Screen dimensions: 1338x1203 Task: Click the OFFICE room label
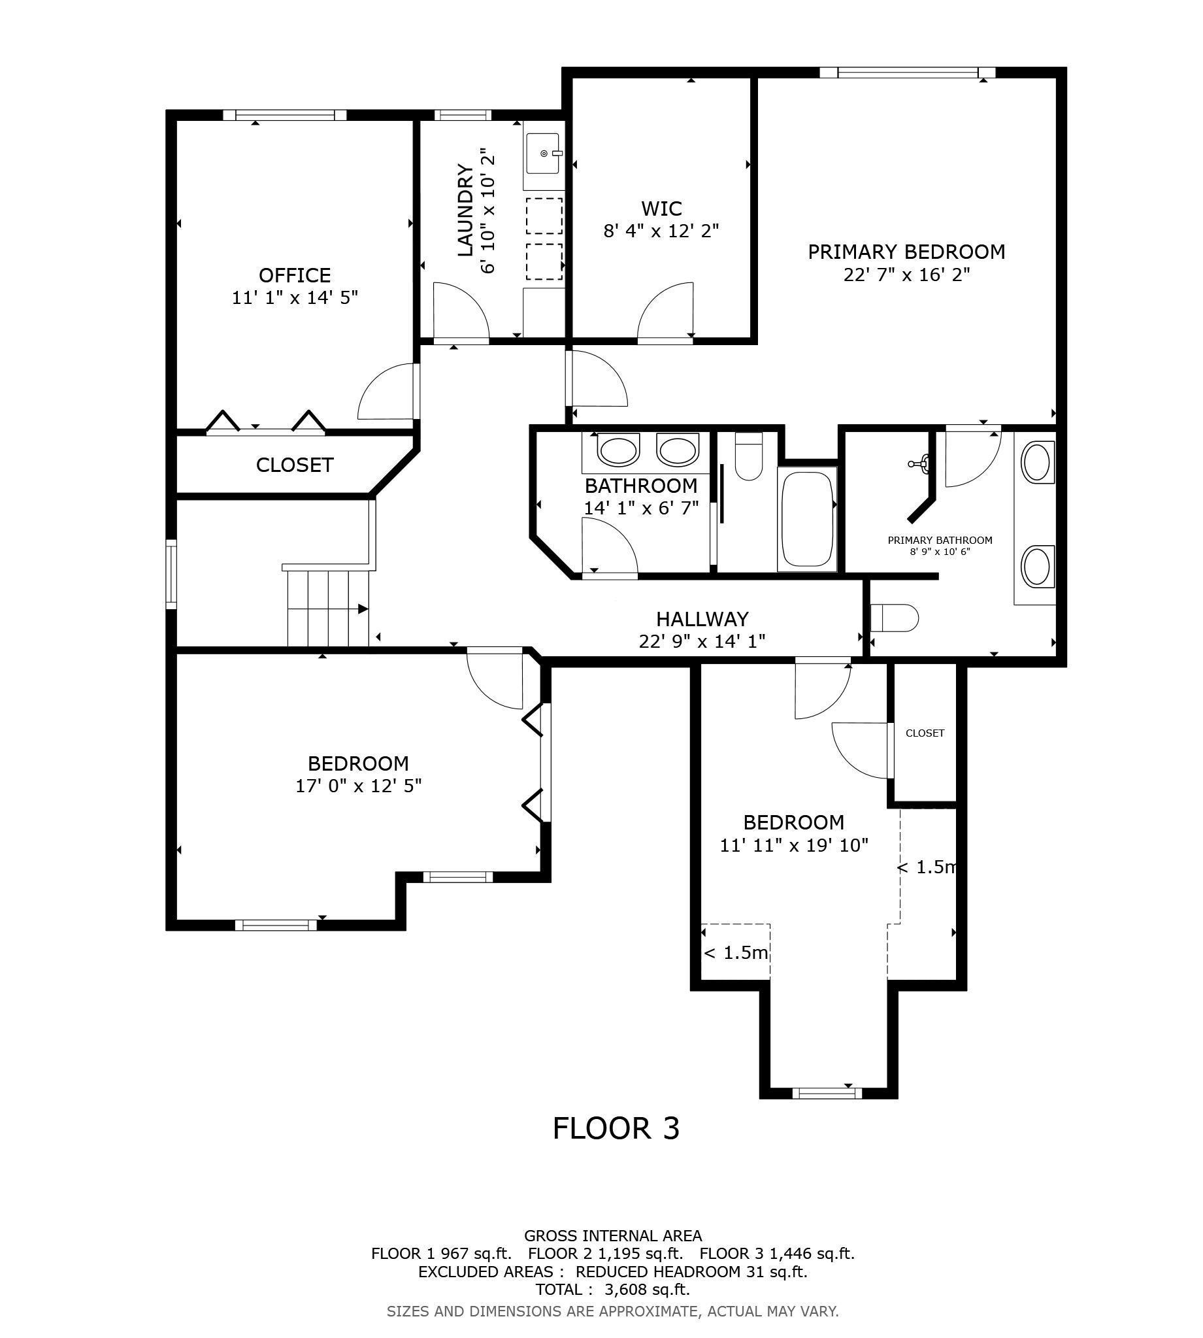(x=294, y=275)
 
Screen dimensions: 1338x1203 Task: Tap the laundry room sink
(x=542, y=154)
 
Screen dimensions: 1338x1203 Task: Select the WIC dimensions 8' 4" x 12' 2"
(x=661, y=231)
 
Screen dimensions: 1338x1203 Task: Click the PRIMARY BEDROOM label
(x=906, y=252)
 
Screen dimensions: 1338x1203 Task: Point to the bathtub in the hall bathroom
(x=806, y=519)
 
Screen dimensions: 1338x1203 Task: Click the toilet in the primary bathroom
(x=895, y=619)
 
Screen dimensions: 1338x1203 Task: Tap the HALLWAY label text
(x=702, y=619)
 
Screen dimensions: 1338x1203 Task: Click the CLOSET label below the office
(x=294, y=465)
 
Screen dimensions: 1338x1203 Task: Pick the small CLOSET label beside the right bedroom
(x=925, y=733)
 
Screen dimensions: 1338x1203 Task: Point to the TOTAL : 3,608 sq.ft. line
(x=612, y=1289)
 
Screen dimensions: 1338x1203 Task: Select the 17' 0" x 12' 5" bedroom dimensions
(x=358, y=786)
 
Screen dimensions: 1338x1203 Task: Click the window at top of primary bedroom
(x=908, y=73)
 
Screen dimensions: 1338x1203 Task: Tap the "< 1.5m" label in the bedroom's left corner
(x=736, y=952)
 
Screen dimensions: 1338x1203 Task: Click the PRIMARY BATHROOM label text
(x=940, y=540)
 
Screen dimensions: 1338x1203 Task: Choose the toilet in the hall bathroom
(x=749, y=456)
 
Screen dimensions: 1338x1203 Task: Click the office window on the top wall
(x=284, y=115)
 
